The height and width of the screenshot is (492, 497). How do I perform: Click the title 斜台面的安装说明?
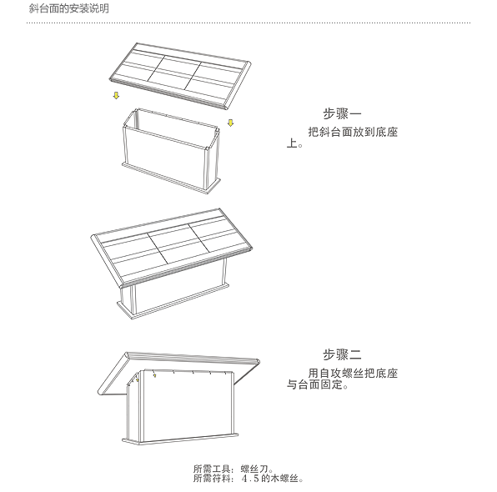click(68, 8)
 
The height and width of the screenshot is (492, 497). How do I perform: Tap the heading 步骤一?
click(342, 113)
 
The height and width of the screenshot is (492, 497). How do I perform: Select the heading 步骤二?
click(342, 354)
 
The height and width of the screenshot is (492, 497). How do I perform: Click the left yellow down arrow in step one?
click(116, 95)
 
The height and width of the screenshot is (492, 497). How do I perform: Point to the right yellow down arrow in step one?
click(231, 123)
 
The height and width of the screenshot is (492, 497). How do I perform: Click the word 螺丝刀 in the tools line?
click(254, 469)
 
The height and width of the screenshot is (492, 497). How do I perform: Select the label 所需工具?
click(212, 469)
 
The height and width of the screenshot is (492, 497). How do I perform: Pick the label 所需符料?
click(212, 478)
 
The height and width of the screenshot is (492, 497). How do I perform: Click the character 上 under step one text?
click(292, 143)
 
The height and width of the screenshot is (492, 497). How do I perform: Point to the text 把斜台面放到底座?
click(353, 132)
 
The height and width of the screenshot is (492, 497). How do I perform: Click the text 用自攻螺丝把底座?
click(353, 373)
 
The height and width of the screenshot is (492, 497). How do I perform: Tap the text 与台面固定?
click(314, 384)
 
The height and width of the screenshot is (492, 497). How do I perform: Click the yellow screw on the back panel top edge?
click(154, 375)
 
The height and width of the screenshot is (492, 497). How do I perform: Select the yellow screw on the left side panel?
click(138, 379)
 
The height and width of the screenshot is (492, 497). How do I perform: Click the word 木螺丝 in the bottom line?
click(284, 479)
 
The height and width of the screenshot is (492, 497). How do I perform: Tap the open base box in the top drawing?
click(171, 151)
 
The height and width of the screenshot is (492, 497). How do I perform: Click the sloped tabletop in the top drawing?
click(180, 76)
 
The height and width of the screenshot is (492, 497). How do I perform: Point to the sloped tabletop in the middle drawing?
click(172, 248)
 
